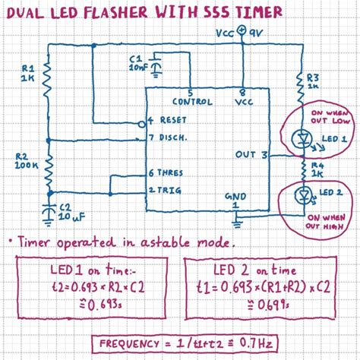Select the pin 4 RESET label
172,121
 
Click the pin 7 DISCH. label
172,137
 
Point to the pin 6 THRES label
172,173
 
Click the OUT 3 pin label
251,155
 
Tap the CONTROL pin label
192,101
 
